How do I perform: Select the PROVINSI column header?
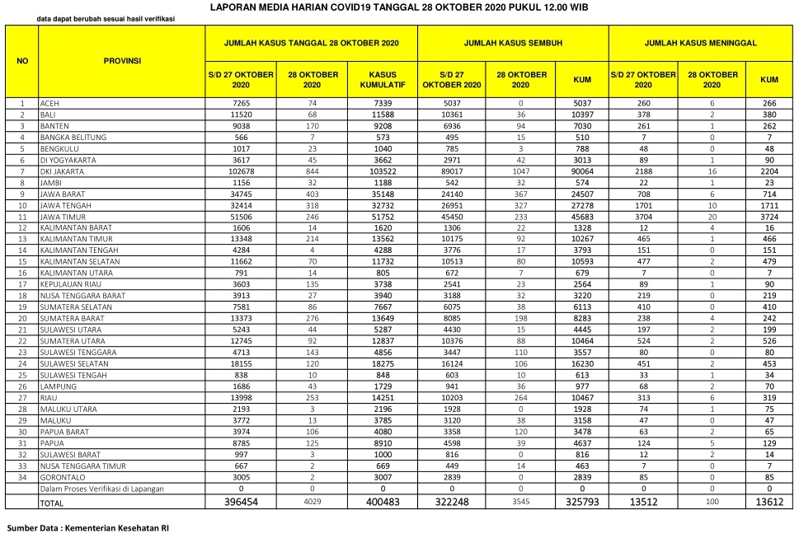(121, 61)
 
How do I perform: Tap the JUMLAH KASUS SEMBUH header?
(512, 42)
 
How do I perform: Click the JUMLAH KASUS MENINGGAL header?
(700, 42)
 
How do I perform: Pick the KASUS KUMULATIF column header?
(383, 79)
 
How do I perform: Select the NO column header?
(22, 61)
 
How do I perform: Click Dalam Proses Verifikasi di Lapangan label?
(102, 489)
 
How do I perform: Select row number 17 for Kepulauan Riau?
(22, 283)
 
